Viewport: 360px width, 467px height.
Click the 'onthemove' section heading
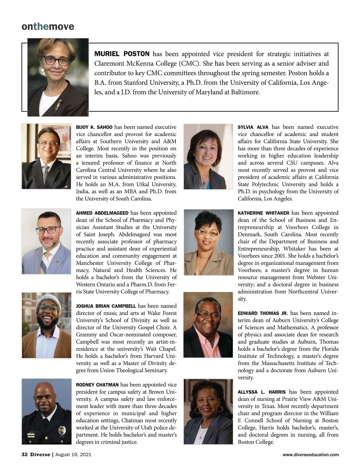[x=48, y=27]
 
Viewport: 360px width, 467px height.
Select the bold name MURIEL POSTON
[x=122, y=54]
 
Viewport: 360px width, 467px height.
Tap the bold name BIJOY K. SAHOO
[x=94, y=127]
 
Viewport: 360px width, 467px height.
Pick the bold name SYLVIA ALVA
[x=253, y=127]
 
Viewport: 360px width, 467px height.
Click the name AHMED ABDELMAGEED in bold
[x=102, y=213]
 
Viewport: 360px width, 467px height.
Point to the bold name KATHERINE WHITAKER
[x=263, y=213]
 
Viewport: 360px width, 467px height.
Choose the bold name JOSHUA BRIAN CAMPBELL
[x=106, y=306]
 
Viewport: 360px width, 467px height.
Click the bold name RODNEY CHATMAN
[x=97, y=385]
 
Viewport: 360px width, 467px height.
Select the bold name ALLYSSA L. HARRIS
[x=262, y=392]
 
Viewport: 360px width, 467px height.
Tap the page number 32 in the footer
[x=25, y=455]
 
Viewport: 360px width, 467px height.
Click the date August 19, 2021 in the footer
[x=73, y=455]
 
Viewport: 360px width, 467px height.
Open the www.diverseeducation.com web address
[x=311, y=455]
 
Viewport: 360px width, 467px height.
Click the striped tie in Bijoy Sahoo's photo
[x=45, y=175]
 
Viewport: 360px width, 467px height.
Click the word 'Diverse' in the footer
[x=40, y=455]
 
